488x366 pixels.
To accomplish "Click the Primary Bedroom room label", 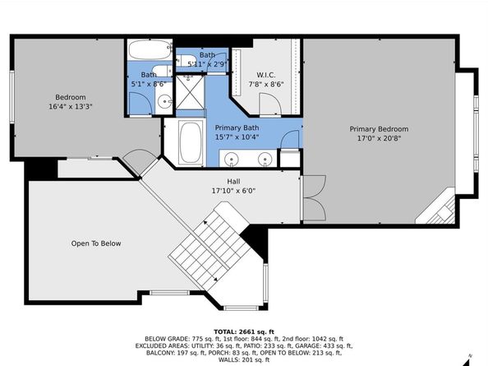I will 378,129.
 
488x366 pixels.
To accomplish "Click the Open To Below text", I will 96,243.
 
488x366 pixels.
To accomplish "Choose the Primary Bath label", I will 237,127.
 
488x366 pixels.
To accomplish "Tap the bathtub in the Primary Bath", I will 191,142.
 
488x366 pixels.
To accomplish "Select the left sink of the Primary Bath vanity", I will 232,158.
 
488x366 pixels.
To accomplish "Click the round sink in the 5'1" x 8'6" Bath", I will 163,102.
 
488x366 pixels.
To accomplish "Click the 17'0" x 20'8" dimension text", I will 378,139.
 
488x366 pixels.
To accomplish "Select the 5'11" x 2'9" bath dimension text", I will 207,64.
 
